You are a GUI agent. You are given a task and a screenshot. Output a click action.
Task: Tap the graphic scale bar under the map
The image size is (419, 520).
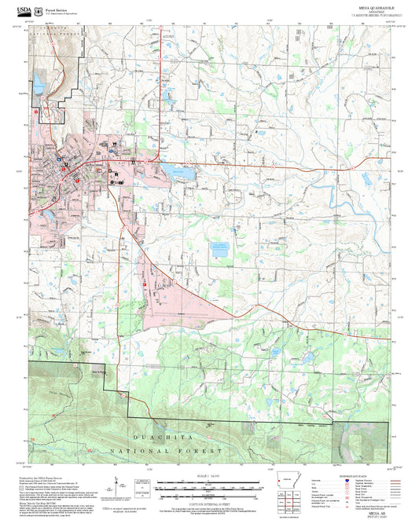pyautogui.click(x=209, y=485)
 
